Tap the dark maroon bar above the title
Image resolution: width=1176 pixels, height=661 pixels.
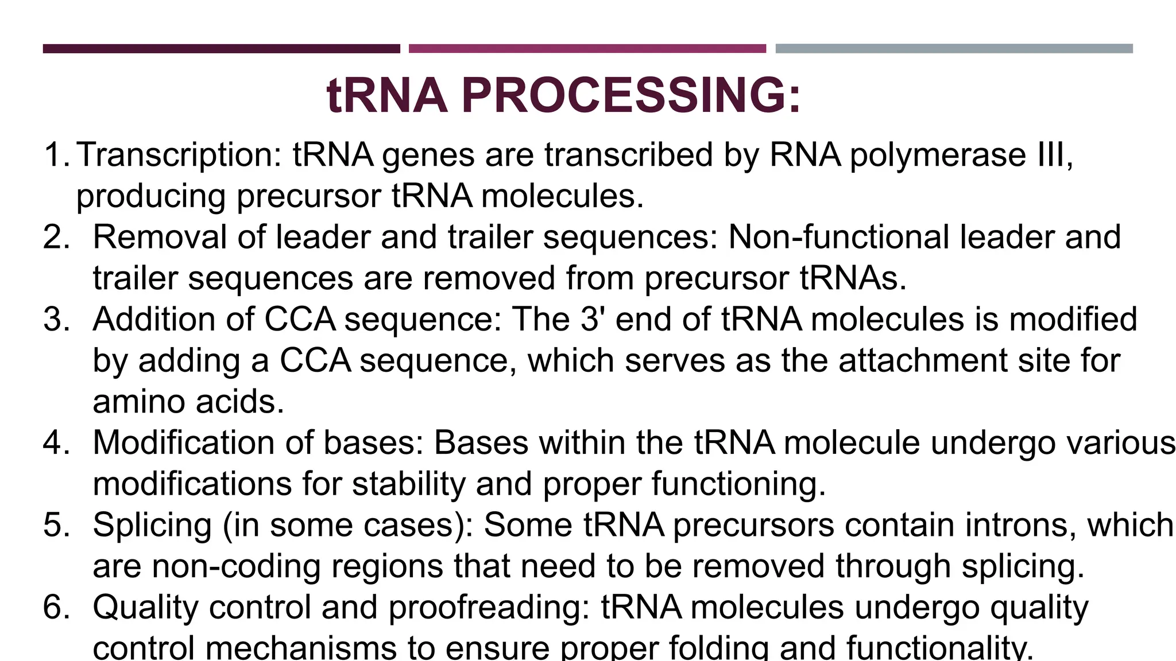[x=221, y=49]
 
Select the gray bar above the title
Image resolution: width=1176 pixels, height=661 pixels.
[x=954, y=49]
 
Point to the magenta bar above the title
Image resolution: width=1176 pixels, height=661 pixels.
[x=587, y=49]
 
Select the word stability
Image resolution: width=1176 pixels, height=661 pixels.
[x=408, y=484]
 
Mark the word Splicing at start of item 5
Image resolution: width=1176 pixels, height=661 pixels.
[x=152, y=526]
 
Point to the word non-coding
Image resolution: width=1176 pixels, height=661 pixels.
[x=236, y=566]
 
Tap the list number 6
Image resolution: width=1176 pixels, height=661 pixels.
[x=56, y=608]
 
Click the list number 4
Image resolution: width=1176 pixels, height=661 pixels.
[x=56, y=443]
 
